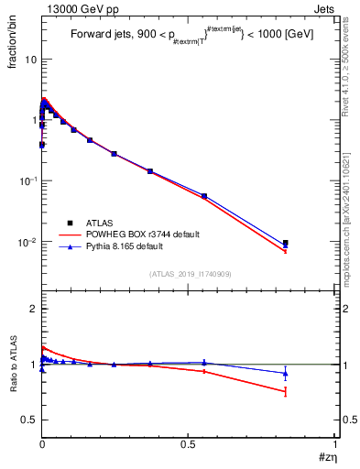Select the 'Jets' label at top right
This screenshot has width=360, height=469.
point(324,7)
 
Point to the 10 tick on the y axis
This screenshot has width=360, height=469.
point(29,59)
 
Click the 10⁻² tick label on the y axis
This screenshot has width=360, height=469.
point(27,243)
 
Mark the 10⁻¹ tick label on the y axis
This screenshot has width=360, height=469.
point(27,181)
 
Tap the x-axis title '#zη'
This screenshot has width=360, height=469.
point(324,457)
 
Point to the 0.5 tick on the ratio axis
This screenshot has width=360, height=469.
point(28,420)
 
